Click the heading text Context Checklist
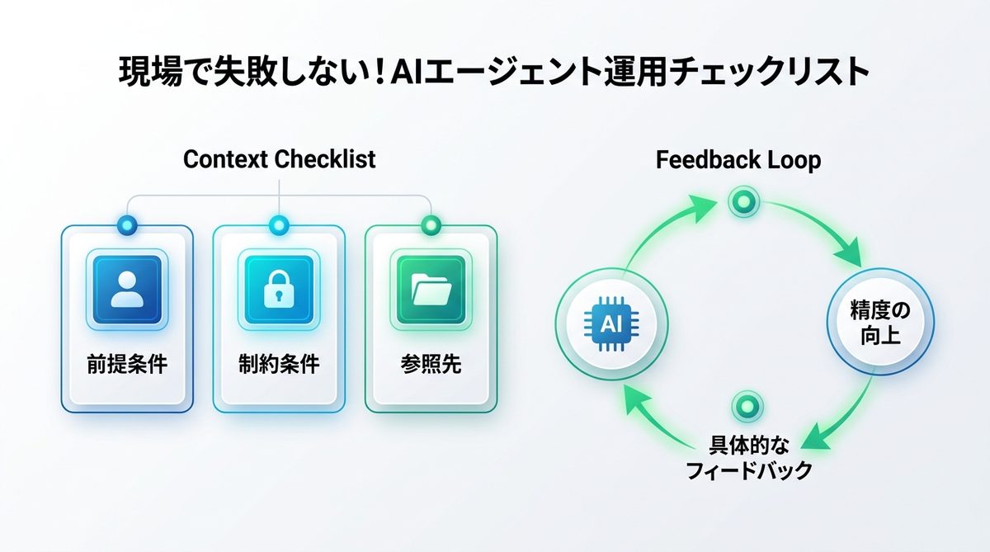pyautogui.click(x=279, y=158)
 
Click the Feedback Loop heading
pyautogui.click(x=738, y=159)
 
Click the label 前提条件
pyautogui.click(x=126, y=365)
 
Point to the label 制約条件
pyautogui.click(x=278, y=365)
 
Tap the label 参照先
pyautogui.click(x=430, y=365)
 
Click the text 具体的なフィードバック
pyautogui.click(x=749, y=458)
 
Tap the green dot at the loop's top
pyautogui.click(x=743, y=201)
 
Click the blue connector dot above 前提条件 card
pyautogui.click(x=126, y=223)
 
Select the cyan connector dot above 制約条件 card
pyautogui.click(x=278, y=223)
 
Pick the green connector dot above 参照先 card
pyautogui.click(x=430, y=223)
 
